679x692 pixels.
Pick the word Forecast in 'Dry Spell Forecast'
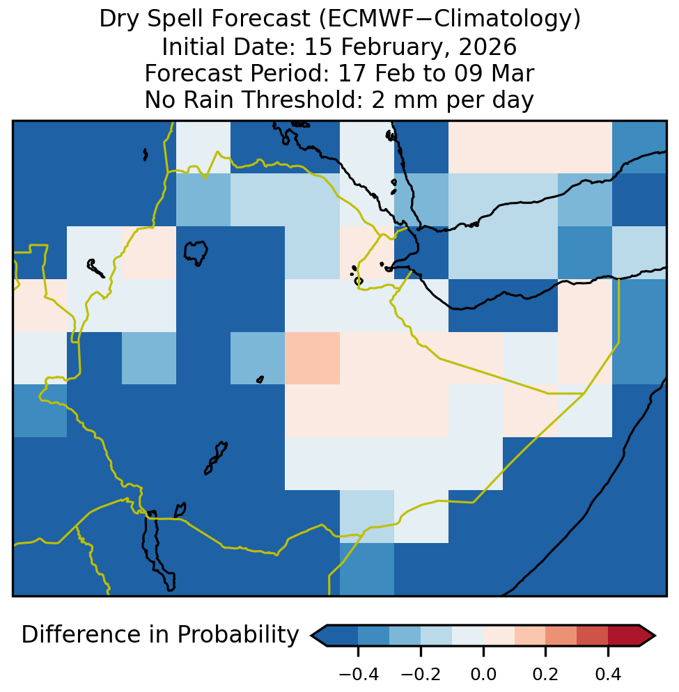coord(260,19)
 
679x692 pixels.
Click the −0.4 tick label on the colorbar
coord(358,675)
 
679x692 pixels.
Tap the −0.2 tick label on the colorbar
coord(421,675)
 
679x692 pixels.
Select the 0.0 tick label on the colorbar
coord(483,675)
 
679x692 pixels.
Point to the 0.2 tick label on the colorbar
coord(546,675)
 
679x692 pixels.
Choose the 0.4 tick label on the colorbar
coord(609,675)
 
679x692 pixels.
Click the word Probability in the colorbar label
coord(238,636)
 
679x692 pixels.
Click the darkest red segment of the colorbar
coord(624,636)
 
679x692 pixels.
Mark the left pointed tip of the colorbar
coord(311,636)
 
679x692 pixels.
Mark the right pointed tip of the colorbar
coord(655,636)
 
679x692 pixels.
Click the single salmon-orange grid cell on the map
coord(312,358)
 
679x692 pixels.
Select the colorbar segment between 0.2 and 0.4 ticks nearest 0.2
coord(561,636)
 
